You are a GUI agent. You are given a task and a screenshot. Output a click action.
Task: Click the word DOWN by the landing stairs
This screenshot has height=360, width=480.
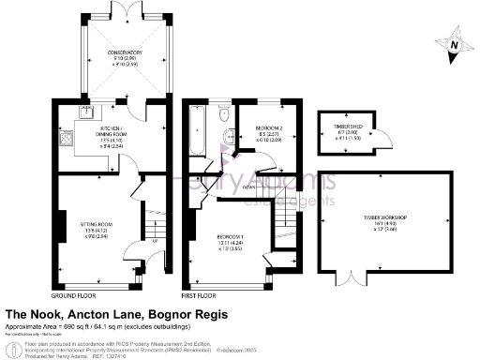click(x=248, y=187)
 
